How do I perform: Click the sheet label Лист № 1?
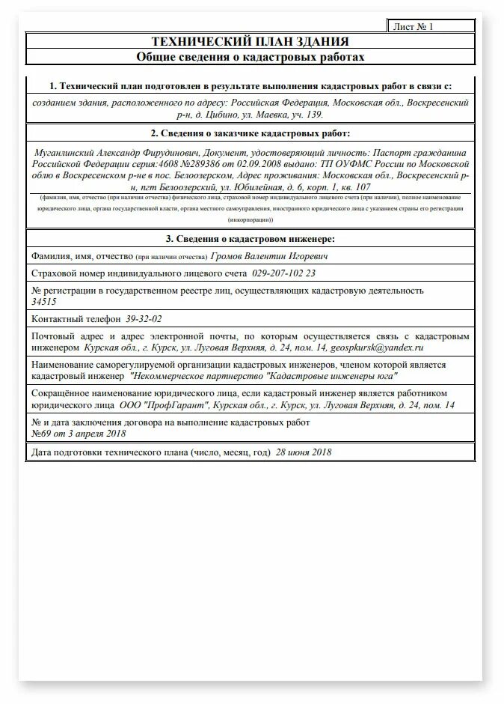[414, 26]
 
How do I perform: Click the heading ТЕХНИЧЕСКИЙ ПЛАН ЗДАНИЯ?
[250, 41]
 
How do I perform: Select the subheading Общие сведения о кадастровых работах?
[250, 57]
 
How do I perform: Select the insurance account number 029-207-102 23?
[284, 273]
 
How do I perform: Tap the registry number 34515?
[44, 301]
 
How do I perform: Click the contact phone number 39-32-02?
[144, 318]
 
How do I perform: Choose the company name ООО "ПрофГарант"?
[165, 405]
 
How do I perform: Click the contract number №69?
[42, 434]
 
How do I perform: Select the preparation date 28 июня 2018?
[304, 452]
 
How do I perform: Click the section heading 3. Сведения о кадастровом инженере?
[250, 238]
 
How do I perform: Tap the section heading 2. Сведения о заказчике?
[250, 133]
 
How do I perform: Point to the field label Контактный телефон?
[76, 318]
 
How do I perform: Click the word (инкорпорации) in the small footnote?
[250, 220]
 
